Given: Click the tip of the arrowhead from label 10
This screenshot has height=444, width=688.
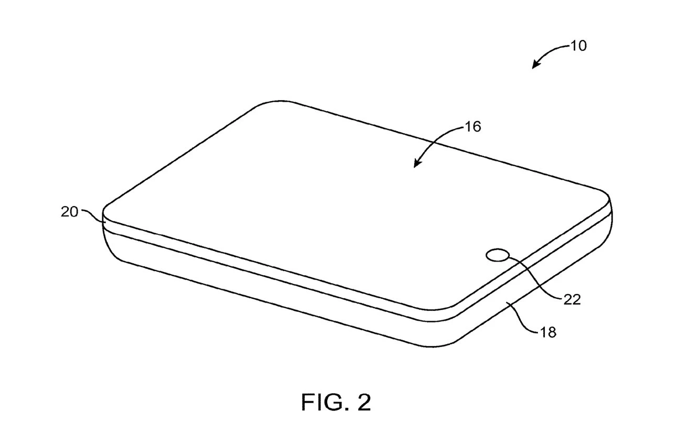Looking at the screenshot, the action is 532,69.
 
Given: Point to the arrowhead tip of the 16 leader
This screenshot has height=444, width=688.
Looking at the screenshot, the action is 414,168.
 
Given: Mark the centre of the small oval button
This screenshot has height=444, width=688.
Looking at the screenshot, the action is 498,255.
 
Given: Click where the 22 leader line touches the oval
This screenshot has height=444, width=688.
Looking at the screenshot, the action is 510,257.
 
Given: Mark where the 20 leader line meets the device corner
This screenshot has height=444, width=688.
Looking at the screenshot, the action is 106,222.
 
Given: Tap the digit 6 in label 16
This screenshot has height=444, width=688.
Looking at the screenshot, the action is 477,127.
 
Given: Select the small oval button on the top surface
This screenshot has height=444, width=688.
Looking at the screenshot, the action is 498,255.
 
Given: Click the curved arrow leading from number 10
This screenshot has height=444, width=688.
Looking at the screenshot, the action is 549,51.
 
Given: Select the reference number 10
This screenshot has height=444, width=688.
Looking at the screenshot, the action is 578,46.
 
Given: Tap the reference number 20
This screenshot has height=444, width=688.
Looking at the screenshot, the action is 69,212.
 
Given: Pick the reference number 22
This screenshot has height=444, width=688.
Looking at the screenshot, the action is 572,300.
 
